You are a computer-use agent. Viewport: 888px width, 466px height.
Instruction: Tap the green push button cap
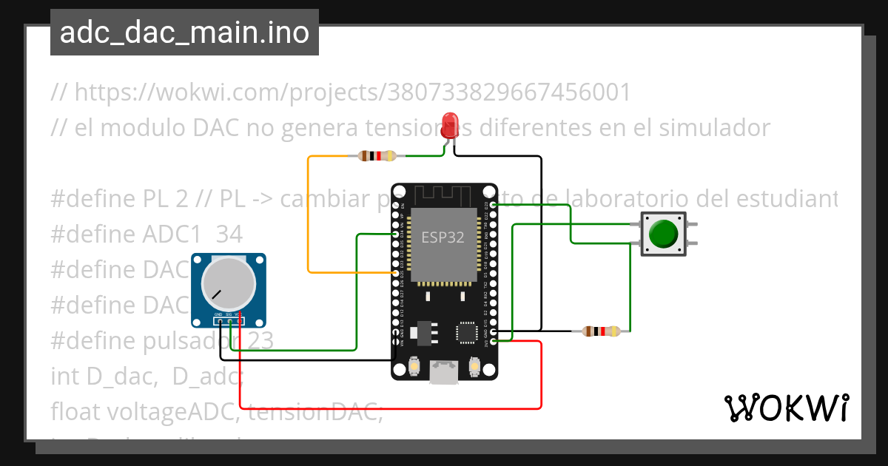[x=662, y=234]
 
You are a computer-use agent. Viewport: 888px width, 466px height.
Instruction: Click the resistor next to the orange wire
[x=377, y=156]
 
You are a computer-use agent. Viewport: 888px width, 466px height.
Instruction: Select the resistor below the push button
[x=601, y=331]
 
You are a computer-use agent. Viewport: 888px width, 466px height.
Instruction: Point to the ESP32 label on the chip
[x=443, y=237]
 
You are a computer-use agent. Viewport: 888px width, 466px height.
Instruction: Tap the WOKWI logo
[x=786, y=407]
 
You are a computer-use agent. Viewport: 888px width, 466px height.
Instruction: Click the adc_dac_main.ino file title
[x=184, y=33]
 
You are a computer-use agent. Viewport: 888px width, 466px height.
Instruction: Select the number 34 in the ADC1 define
[x=229, y=234]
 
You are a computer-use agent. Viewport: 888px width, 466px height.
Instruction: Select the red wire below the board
[x=392, y=408]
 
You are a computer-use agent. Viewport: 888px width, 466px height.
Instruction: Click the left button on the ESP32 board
[x=414, y=365]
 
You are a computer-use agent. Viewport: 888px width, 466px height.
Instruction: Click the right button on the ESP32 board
[x=475, y=365]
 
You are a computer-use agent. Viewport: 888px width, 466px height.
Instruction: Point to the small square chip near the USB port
[x=468, y=332]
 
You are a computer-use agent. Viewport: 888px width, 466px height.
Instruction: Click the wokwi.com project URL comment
[x=341, y=92]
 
